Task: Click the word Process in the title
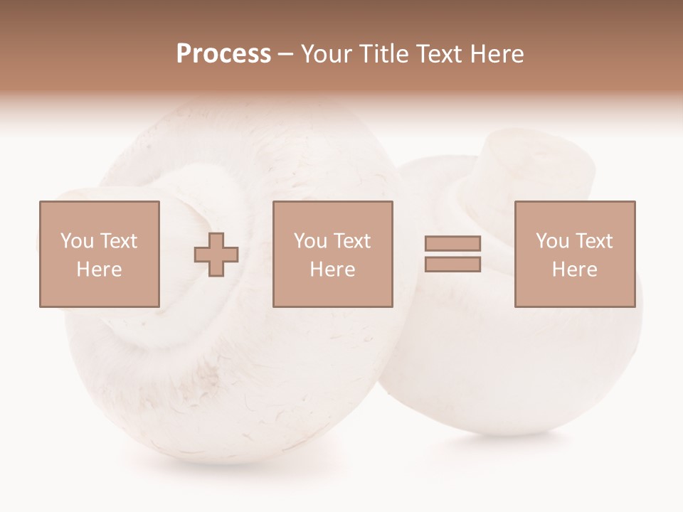click(x=223, y=54)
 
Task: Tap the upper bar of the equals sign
click(x=452, y=244)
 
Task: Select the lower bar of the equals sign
click(x=452, y=265)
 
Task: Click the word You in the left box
click(x=76, y=241)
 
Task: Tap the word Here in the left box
click(x=99, y=270)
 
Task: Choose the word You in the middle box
click(x=310, y=241)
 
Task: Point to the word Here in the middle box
click(x=332, y=270)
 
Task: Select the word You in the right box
click(x=552, y=241)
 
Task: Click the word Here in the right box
click(x=574, y=270)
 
